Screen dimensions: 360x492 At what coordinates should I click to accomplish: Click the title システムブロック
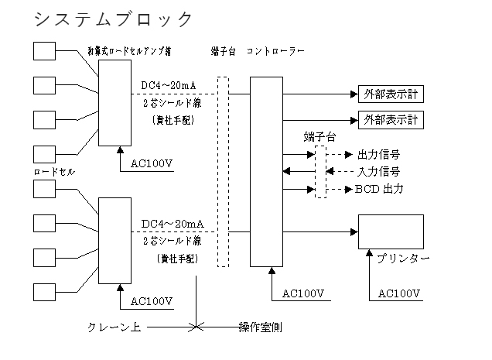113,19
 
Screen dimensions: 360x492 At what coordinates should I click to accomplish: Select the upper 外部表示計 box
391,94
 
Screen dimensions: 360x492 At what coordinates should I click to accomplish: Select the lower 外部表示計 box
391,120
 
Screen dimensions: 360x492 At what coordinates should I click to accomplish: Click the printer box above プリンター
391,231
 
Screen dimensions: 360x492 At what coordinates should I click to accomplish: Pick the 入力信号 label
378,170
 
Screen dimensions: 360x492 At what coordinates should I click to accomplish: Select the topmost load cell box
45,50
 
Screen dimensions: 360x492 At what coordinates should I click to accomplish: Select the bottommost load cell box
45,291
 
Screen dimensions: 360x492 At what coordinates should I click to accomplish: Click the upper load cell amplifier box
114,103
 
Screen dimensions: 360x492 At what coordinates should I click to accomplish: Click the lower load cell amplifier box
114,239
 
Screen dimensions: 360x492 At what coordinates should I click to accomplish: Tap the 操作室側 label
259,327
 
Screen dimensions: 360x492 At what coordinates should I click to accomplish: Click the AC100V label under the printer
399,293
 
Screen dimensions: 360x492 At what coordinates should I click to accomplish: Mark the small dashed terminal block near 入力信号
320,170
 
